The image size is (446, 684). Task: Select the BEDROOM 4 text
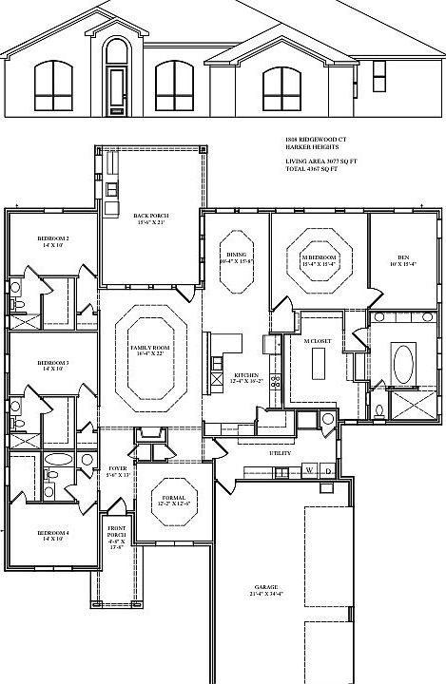click(52, 535)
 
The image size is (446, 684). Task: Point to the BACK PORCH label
click(152, 217)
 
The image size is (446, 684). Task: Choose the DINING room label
click(236, 256)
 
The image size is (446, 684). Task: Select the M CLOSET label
click(316, 341)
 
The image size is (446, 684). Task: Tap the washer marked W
click(310, 470)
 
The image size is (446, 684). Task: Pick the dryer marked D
click(327, 470)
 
